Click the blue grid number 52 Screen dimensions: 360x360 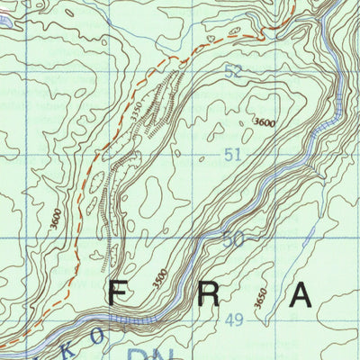click(x=233, y=72)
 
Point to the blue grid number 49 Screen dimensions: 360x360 click(x=235, y=320)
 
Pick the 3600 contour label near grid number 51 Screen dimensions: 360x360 click(x=264, y=121)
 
